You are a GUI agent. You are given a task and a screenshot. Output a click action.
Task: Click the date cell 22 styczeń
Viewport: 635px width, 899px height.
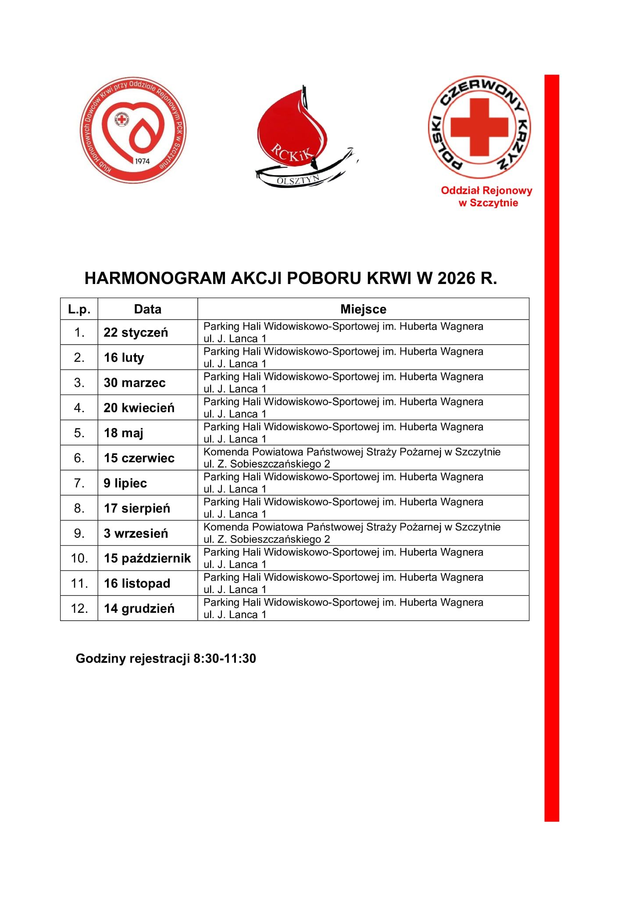[x=136, y=332]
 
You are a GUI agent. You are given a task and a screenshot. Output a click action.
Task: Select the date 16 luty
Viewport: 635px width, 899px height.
[x=124, y=357]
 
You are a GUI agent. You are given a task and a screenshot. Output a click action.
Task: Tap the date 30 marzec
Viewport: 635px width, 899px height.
[x=135, y=382]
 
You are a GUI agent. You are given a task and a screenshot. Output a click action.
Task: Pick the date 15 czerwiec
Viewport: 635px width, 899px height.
[x=139, y=458]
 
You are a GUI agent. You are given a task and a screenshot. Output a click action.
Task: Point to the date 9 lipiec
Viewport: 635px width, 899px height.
[x=125, y=483]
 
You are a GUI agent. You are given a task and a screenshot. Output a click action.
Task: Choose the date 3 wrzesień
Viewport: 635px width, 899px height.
[x=136, y=533]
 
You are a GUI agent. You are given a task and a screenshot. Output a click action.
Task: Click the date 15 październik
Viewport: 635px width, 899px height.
[x=147, y=558]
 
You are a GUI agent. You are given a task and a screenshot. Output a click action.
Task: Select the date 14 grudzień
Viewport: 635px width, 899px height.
[x=139, y=608]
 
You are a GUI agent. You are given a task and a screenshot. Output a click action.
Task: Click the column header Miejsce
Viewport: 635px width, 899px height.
[x=363, y=309]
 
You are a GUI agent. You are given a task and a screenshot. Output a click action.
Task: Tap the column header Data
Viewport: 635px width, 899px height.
[x=147, y=309]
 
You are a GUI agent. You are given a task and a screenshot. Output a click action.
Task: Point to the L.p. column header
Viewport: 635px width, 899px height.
[x=79, y=309]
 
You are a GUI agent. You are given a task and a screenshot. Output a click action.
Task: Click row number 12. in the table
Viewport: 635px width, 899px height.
[x=79, y=608]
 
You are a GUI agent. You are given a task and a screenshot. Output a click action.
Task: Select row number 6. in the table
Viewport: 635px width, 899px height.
[x=79, y=458]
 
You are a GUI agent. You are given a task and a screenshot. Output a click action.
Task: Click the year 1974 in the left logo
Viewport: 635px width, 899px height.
[x=142, y=161]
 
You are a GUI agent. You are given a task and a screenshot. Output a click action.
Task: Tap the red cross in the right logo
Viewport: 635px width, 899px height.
[x=479, y=126]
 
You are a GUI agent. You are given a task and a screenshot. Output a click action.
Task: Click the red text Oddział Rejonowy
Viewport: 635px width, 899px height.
[x=486, y=191]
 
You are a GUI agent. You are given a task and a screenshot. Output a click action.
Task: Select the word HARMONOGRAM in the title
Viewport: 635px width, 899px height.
[x=155, y=278]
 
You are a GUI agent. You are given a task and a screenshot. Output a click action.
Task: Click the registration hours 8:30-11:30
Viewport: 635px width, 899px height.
[x=225, y=658]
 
